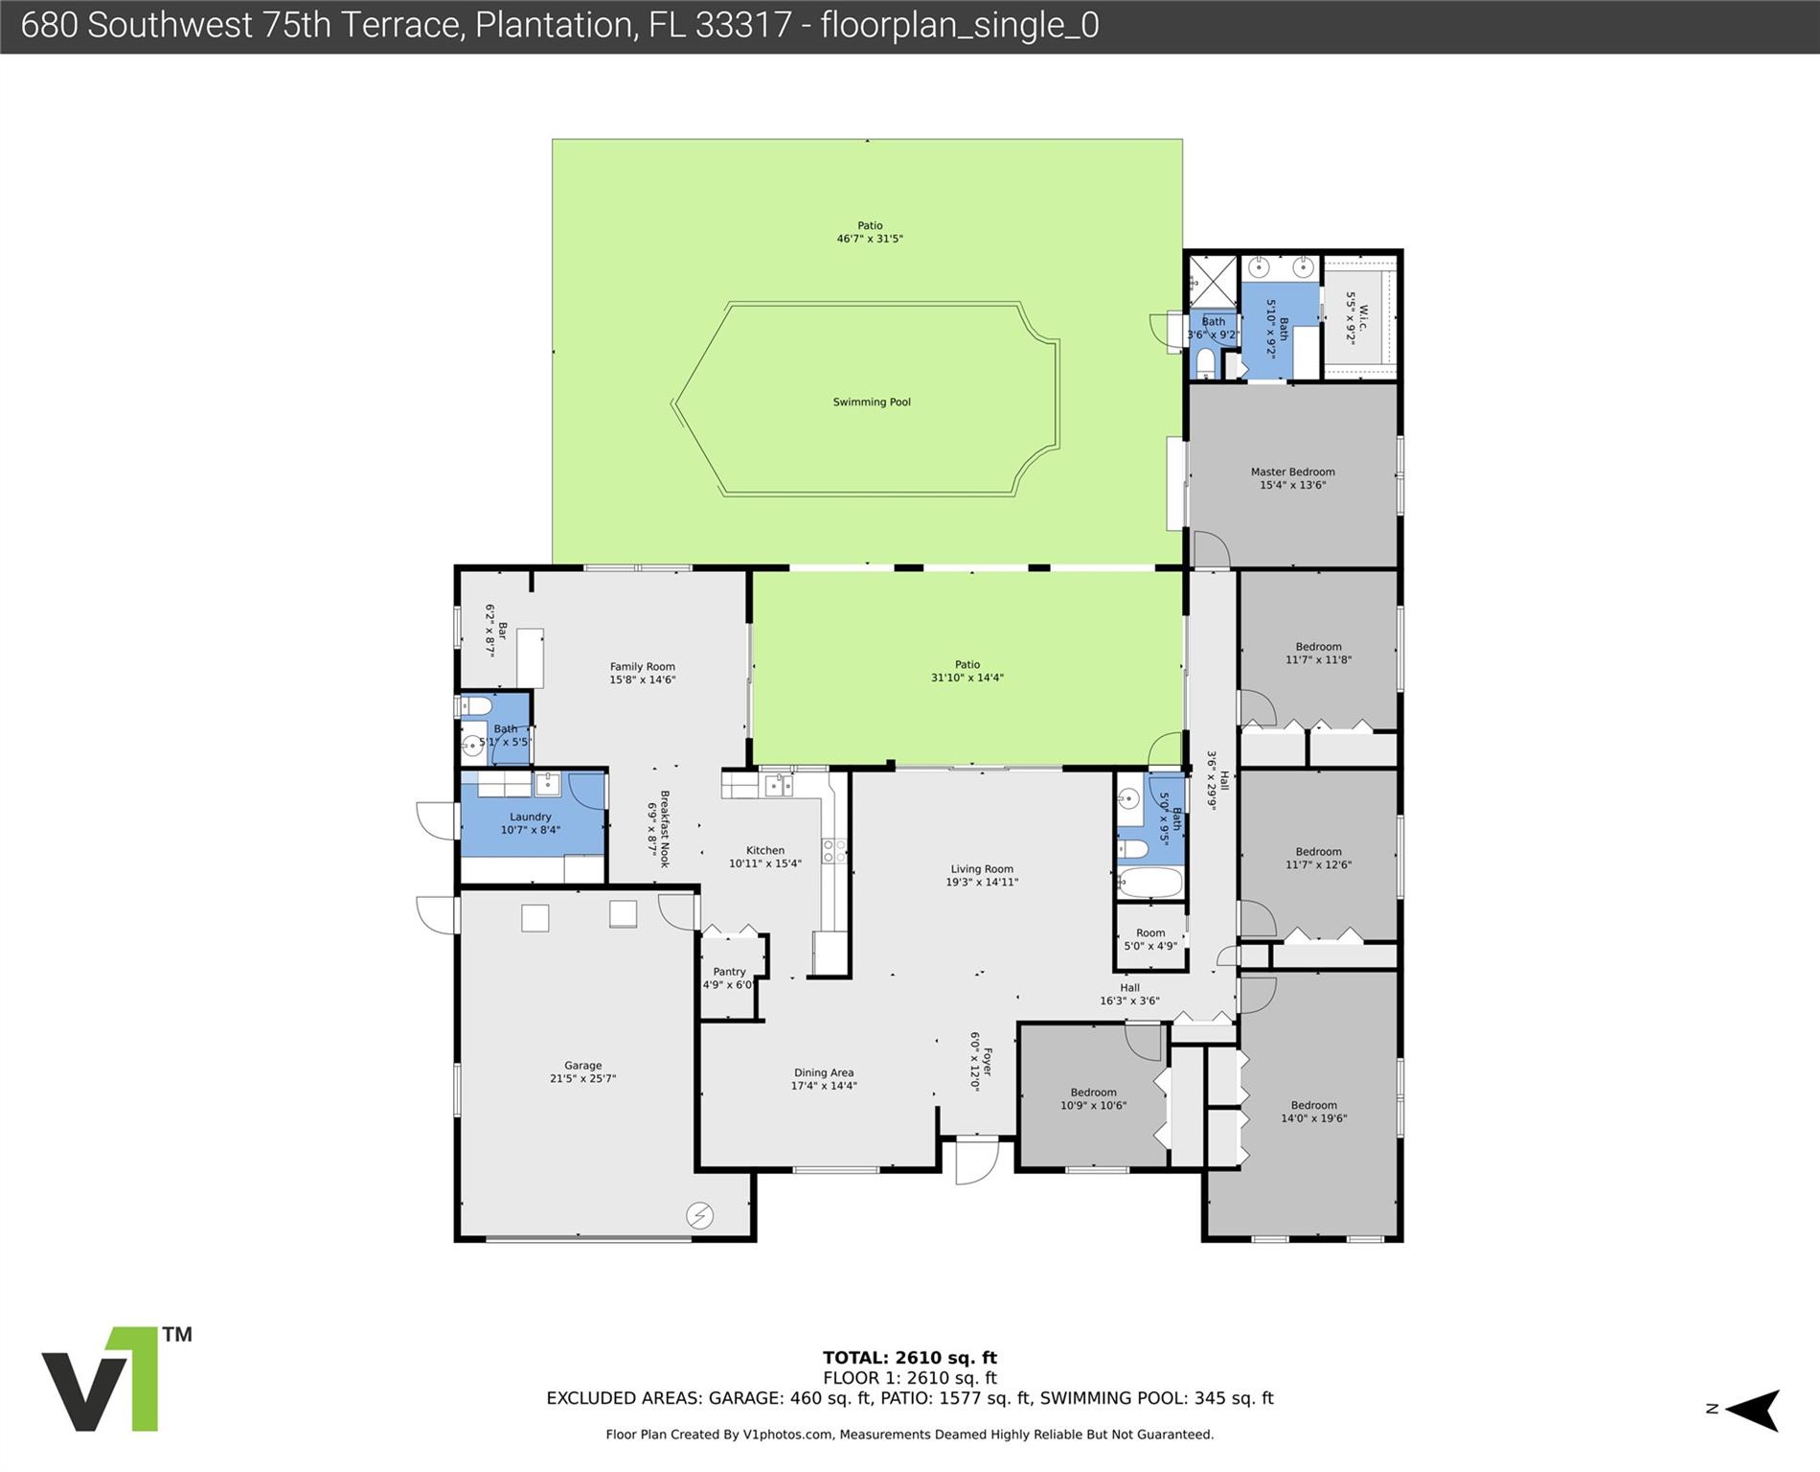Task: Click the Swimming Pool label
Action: coord(872,402)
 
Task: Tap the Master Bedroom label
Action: coord(1292,471)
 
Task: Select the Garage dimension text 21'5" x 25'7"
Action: coord(583,1078)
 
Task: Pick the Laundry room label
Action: coord(531,816)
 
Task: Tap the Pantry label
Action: coord(729,972)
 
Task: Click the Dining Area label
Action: coord(824,1072)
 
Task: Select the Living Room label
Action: coord(982,869)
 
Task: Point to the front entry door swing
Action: coord(977,1161)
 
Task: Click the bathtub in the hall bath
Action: coord(1150,884)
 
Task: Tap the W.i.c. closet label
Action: coord(1363,319)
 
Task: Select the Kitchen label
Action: coord(765,850)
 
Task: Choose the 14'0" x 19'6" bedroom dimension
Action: coord(1314,1117)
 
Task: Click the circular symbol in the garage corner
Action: coord(699,1216)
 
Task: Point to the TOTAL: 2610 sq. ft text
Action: coord(910,1357)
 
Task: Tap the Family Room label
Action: coord(643,666)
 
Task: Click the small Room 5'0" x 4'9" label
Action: coord(1150,939)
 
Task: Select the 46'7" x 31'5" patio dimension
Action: coord(870,239)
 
